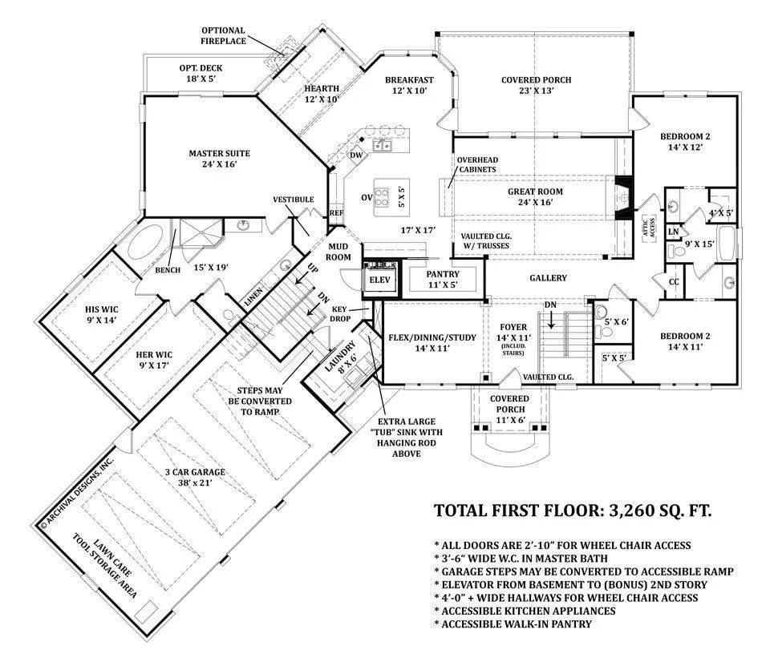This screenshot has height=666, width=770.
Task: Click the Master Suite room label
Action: (x=220, y=159)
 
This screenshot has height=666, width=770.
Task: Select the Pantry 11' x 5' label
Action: (x=443, y=279)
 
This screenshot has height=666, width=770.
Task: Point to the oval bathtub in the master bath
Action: (x=146, y=243)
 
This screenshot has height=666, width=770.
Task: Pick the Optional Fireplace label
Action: (x=223, y=36)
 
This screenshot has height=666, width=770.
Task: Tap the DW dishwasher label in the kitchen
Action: (x=356, y=155)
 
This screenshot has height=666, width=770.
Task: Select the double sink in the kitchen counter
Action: (x=382, y=146)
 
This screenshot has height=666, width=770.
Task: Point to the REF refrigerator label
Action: (x=336, y=213)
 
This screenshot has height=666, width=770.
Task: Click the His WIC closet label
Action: (x=102, y=315)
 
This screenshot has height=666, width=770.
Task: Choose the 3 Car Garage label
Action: (x=195, y=477)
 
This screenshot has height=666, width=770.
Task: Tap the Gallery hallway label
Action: (x=548, y=278)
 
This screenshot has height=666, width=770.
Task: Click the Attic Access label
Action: (x=649, y=228)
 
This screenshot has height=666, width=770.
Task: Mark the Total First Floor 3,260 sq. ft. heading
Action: (x=573, y=511)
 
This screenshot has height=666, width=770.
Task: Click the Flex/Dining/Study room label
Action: (x=432, y=342)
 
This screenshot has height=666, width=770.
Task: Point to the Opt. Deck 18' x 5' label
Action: (x=201, y=73)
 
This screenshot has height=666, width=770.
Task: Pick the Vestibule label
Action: (x=294, y=200)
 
